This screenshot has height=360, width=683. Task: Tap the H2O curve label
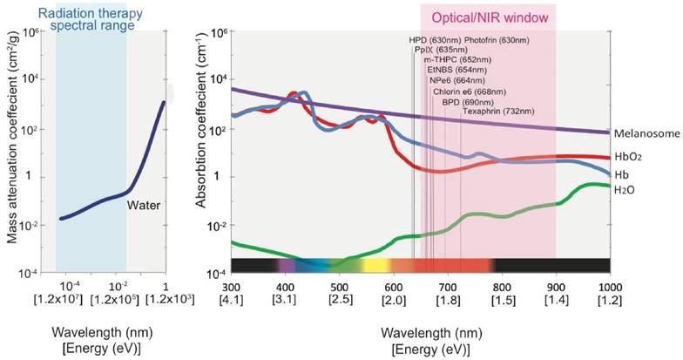point(625,189)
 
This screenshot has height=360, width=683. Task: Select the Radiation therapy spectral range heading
point(91,17)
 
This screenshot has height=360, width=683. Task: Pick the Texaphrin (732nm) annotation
point(495,112)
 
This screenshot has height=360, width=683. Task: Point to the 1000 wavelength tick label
point(609,285)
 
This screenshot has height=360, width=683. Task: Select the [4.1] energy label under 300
point(231,299)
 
